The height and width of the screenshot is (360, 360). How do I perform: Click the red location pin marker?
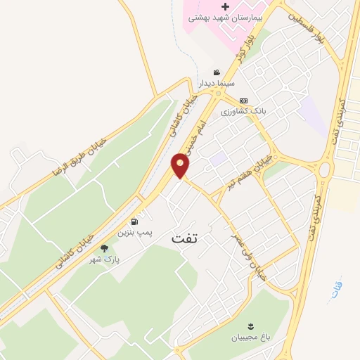pyautogui.click(x=181, y=165)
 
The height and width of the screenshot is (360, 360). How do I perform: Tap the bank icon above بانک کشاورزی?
pyautogui.click(x=243, y=101)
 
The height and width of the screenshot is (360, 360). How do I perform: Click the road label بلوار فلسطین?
pyautogui.click(x=331, y=29)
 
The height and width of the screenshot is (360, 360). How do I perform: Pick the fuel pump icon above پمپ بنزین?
pyautogui.click(x=134, y=220)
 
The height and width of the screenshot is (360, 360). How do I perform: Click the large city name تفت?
pyautogui.click(x=186, y=239)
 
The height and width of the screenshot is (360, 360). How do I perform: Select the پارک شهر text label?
pyautogui.click(x=104, y=259)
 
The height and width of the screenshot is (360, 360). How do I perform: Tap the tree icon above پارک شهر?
pyautogui.click(x=104, y=248)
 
